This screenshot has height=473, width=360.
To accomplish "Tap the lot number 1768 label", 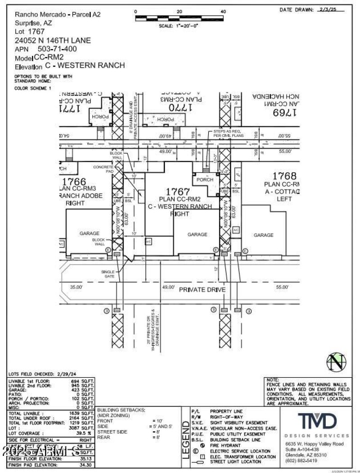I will [x=284, y=176].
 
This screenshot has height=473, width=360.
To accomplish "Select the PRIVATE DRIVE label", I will [x=202, y=290].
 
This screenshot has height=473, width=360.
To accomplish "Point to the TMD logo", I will [x=317, y=421].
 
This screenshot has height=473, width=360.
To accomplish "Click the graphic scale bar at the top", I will [x=179, y=18].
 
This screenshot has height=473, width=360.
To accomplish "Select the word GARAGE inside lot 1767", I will [x=197, y=234].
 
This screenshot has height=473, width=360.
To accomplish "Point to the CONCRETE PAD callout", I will [x=103, y=169].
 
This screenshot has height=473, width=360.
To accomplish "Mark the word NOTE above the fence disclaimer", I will [x=273, y=380].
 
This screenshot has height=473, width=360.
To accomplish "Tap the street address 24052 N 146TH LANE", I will [x=53, y=41].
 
